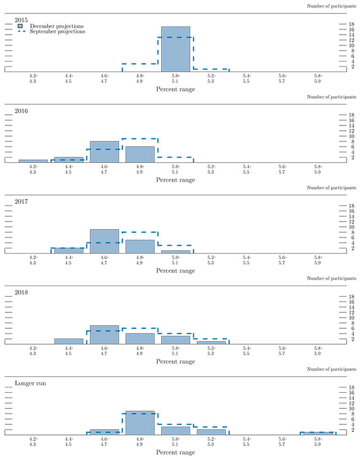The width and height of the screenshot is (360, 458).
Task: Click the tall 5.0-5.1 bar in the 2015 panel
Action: click(176, 49)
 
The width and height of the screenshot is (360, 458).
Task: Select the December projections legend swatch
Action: click(20, 26)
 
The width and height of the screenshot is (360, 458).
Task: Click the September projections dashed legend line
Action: click(20, 31)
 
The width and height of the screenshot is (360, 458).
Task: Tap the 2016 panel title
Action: click(21, 111)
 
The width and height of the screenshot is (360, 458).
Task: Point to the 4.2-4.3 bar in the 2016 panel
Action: click(33, 161)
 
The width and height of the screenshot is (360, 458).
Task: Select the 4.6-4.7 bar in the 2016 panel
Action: click(105, 152)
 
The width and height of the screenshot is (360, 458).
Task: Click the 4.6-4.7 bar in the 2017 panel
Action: click(105, 241)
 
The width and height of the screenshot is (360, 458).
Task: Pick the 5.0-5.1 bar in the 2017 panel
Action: click(176, 251)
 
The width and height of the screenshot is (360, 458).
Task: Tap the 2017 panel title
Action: click(21, 202)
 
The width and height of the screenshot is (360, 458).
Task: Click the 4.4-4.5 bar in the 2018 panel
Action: click(69, 341)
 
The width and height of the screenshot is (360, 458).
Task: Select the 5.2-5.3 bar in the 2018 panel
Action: click(211, 342)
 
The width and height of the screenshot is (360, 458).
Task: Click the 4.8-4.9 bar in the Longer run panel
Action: click(140, 423)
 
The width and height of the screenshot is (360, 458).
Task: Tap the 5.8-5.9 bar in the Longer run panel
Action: click(318, 433)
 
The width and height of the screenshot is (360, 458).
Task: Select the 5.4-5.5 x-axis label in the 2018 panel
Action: click(246, 350)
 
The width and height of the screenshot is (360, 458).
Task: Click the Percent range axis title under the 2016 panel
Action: click(176, 180)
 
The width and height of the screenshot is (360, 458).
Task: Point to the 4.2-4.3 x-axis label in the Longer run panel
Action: click(33, 441)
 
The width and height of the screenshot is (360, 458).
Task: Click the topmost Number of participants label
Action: click(332, 6)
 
